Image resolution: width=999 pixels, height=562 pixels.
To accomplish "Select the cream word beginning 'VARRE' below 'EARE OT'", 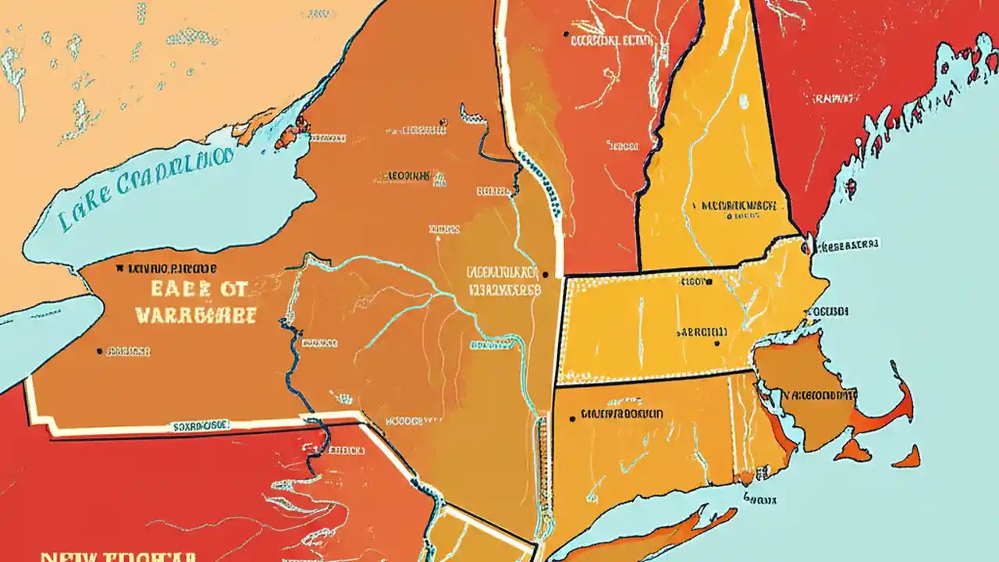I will (x=196, y=315).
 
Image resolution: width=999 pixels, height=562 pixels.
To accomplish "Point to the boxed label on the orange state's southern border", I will (x=198, y=426).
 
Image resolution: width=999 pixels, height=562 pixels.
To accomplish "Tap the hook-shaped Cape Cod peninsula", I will (x=898, y=406).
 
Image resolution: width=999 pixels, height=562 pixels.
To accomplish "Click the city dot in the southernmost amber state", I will (x=574, y=418).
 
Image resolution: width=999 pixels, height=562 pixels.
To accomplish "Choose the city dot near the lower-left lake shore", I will (x=99, y=351).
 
